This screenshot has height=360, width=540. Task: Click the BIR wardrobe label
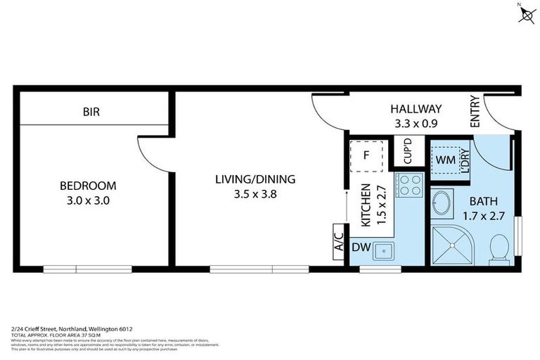pyautogui.click(x=91, y=112)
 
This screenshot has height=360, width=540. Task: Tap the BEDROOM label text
pyautogui.click(x=88, y=186)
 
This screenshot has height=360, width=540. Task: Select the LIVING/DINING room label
pyautogui.click(x=255, y=179)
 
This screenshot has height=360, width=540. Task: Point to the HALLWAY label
pyautogui.click(x=416, y=109)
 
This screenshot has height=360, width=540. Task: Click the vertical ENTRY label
pyautogui.click(x=475, y=111)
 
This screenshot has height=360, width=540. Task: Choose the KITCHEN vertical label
pyautogui.click(x=366, y=205)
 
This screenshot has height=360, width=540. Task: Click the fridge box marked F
pyautogui.click(x=366, y=156)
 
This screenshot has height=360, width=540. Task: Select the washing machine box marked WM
pyautogui.click(x=444, y=160)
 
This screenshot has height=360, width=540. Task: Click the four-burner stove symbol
pyautogui.click(x=409, y=185)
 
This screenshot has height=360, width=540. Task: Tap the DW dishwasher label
pyautogui.click(x=360, y=247)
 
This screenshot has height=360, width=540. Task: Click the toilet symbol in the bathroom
pyautogui.click(x=499, y=247)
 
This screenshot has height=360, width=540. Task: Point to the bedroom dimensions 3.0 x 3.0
pyautogui.click(x=88, y=200)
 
